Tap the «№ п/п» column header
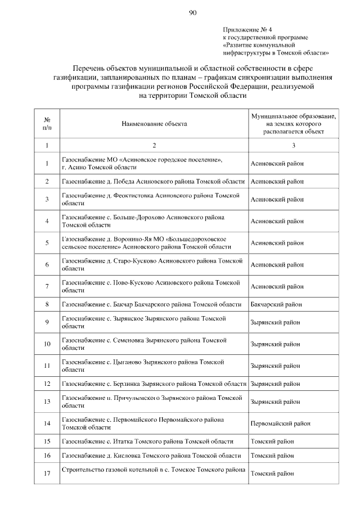tap(47, 123)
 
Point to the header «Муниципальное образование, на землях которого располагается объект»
tap(294, 123)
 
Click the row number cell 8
tap(47, 304)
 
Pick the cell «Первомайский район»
tap(280, 424)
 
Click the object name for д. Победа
tap(154, 181)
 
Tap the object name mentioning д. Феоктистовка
tap(151, 199)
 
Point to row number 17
tap(47, 474)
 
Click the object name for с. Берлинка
tap(154, 384)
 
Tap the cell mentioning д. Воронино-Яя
tap(146, 243)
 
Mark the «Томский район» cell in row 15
tap(272, 442)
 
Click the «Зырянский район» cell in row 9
tap(275, 322)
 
